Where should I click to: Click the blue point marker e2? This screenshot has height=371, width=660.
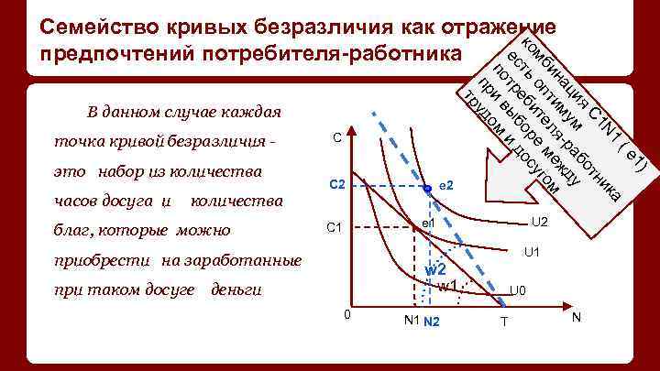click(x=427, y=190)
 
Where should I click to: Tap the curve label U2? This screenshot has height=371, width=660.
click(x=540, y=223)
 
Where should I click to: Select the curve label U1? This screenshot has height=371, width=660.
click(x=531, y=252)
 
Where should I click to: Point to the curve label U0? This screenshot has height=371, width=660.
click(x=518, y=291)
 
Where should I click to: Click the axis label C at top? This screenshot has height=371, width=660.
click(x=337, y=138)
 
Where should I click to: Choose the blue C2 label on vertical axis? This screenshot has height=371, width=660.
click(x=336, y=186)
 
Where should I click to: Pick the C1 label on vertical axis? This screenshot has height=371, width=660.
click(x=336, y=228)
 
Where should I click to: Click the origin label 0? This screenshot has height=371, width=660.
click(x=346, y=315)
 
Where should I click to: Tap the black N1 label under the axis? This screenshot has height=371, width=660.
click(x=411, y=320)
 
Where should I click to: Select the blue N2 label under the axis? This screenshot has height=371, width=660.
click(x=432, y=321)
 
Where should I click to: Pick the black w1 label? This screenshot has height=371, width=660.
click(x=447, y=286)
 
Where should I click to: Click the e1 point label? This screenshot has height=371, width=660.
click(x=428, y=223)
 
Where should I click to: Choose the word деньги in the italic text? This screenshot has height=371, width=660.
click(x=236, y=290)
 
